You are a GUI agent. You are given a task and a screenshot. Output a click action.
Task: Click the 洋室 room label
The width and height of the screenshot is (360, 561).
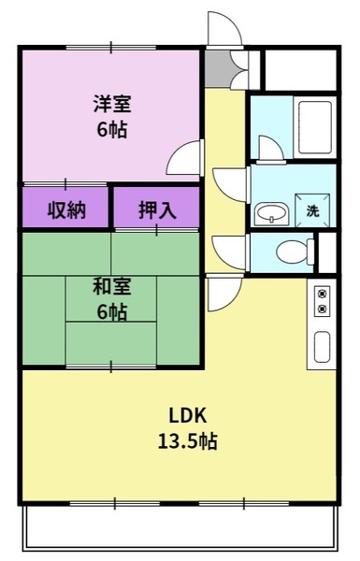pyautogui.click(x=112, y=103)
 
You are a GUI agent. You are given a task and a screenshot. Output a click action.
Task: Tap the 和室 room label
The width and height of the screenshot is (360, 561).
pyautogui.click(x=112, y=286)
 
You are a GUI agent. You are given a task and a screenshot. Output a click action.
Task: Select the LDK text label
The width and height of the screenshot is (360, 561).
pyautogui.click(x=188, y=415)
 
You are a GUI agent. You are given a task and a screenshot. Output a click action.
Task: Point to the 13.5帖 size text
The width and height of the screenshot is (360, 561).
pyautogui.click(x=188, y=440)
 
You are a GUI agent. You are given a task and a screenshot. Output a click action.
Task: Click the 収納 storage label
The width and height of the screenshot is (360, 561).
pyautogui.click(x=66, y=210)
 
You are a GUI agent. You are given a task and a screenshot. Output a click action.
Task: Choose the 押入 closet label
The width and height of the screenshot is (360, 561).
pyautogui.click(x=157, y=210)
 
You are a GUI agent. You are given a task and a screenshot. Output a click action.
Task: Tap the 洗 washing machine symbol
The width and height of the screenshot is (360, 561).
pyautogui.click(x=312, y=210)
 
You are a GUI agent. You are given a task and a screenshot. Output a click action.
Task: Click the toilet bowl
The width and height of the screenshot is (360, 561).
pyautogui.click(x=295, y=252)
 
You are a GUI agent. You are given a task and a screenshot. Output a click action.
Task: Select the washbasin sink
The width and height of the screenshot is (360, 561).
pyautogui.click(x=271, y=213)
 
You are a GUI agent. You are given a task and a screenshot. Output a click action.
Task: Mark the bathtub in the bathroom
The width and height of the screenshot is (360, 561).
pyautogui.click(x=315, y=127)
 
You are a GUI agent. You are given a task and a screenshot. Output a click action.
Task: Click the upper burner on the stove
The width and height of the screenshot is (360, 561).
pyautogui.click(x=322, y=295)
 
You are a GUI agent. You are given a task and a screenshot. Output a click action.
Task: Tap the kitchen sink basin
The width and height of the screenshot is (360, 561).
pyautogui.click(x=322, y=347)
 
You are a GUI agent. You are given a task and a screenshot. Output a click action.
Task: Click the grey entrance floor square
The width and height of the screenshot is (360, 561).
pyautogui.click(x=218, y=68)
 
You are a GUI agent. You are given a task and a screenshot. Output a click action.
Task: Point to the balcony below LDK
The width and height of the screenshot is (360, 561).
pyautogui.click(x=180, y=527)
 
